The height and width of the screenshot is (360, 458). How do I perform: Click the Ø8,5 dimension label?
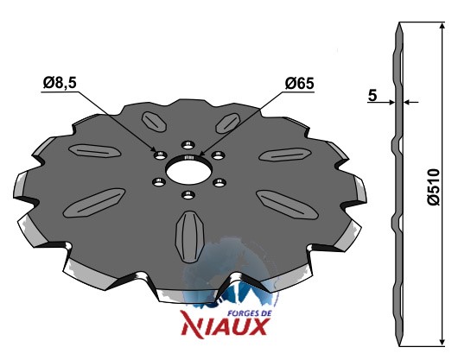[x=60, y=83]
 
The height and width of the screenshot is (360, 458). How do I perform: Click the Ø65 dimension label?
[x=299, y=84]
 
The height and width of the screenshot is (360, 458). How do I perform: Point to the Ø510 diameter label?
[x=434, y=186]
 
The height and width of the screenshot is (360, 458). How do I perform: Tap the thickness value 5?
[x=372, y=96]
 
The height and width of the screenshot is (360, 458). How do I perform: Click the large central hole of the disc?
[x=188, y=170]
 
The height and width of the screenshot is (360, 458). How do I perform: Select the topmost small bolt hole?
[x=188, y=145]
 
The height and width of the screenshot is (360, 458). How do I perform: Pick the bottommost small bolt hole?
[x=188, y=194]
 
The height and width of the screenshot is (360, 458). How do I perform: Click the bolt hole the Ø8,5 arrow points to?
[x=160, y=155]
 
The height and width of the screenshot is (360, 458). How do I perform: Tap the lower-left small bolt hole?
[x=159, y=182]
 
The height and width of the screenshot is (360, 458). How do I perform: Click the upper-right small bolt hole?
[x=218, y=155]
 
